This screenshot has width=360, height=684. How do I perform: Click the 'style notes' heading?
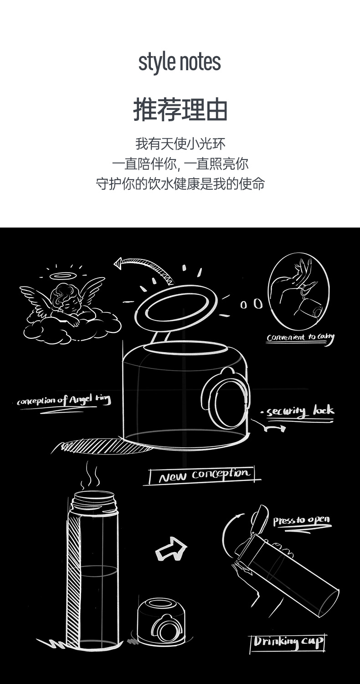180,62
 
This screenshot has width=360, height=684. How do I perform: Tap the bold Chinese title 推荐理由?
180,109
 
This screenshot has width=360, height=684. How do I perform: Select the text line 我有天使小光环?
180,144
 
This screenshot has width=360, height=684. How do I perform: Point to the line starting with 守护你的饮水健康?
180,184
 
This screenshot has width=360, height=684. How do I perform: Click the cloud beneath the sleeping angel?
72,328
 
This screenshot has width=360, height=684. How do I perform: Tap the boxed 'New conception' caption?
202,476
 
